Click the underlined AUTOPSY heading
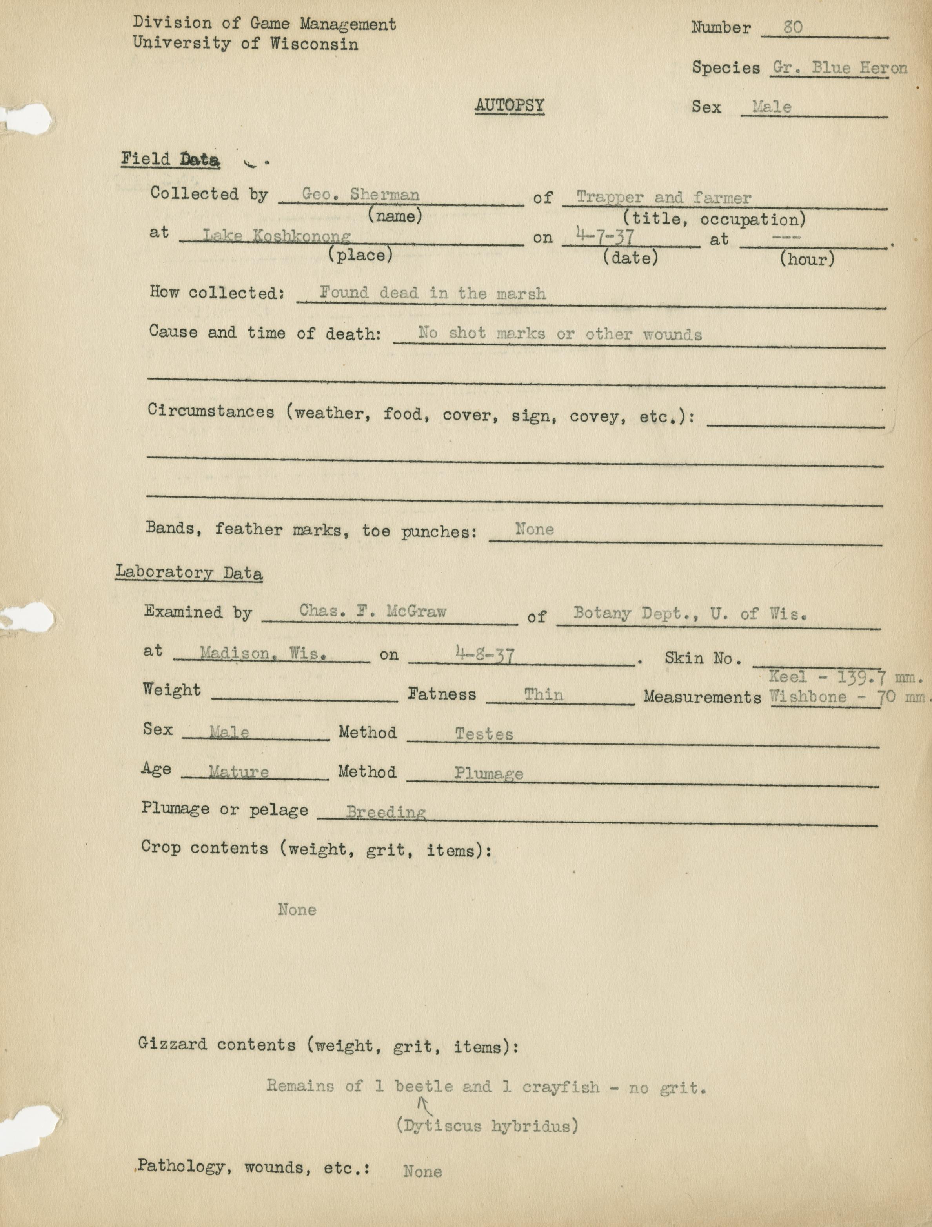pyautogui.click(x=509, y=105)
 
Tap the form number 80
pyautogui.click(x=793, y=27)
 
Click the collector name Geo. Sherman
pyautogui.click(x=360, y=195)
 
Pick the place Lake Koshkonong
pyautogui.click(x=276, y=236)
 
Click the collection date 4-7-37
pyautogui.click(x=605, y=237)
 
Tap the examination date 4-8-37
pyautogui.click(x=485, y=655)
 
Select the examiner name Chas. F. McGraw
pyautogui.click(x=373, y=611)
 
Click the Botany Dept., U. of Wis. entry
pyautogui.click(x=690, y=614)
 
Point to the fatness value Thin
pyautogui.click(x=544, y=695)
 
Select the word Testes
pyautogui.click(x=484, y=734)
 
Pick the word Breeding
pyautogui.click(x=386, y=813)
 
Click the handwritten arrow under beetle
pyautogui.click(x=425, y=1107)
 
